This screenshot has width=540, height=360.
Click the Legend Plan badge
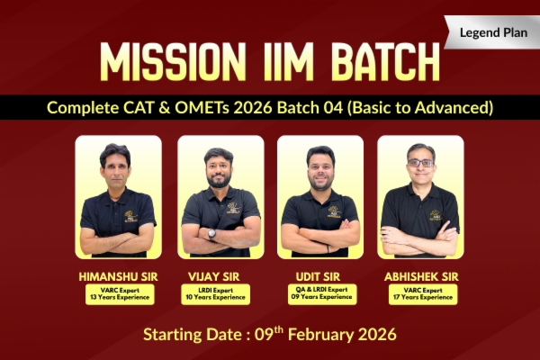tap(490, 32)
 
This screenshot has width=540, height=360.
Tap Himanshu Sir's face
tap(117, 166)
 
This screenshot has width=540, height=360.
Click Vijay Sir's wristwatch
tap(212, 233)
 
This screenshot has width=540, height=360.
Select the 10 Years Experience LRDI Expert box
tap(220, 293)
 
